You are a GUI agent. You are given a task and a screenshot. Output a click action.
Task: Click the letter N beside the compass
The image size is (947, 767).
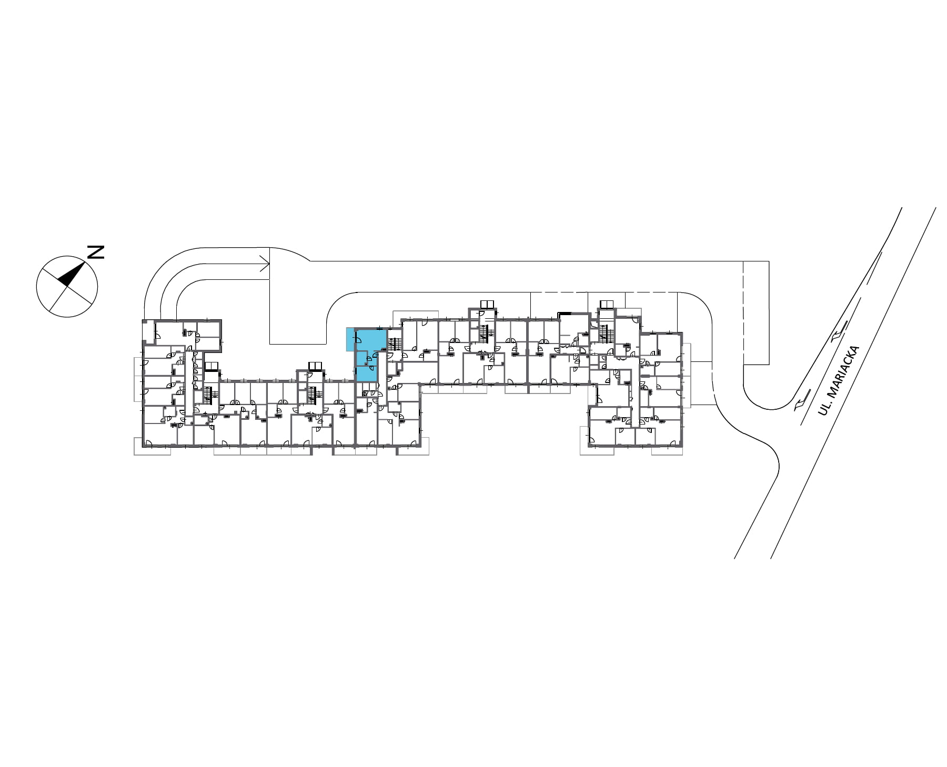pyautogui.click(x=95, y=252)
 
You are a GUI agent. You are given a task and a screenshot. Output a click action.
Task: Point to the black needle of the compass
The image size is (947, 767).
pyautogui.click(x=72, y=274)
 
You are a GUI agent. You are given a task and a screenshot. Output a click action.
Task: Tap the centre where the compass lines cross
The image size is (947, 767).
pyautogui.click(x=67, y=287)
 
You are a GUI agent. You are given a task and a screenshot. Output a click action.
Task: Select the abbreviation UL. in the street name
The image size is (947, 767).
pyautogui.click(x=822, y=409)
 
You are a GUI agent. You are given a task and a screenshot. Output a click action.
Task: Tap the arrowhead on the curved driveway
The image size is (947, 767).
pyautogui.click(x=265, y=264)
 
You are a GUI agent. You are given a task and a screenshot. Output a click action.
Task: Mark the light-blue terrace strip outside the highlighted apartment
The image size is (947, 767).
pyautogui.click(x=350, y=339)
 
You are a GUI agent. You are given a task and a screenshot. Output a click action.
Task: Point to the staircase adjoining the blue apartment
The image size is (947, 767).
pyautogui.click(x=394, y=345)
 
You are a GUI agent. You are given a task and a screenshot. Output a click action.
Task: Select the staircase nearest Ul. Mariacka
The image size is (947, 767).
pyautogui.click(x=606, y=334)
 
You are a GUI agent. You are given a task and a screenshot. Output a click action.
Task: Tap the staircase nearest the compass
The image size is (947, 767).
pyautogui.click(x=210, y=396)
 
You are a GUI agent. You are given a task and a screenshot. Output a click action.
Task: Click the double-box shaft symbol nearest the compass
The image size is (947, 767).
pyautogui.click(x=211, y=366)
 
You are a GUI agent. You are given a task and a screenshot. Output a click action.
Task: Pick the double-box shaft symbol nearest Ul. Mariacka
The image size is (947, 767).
pyautogui.click(x=607, y=304)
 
